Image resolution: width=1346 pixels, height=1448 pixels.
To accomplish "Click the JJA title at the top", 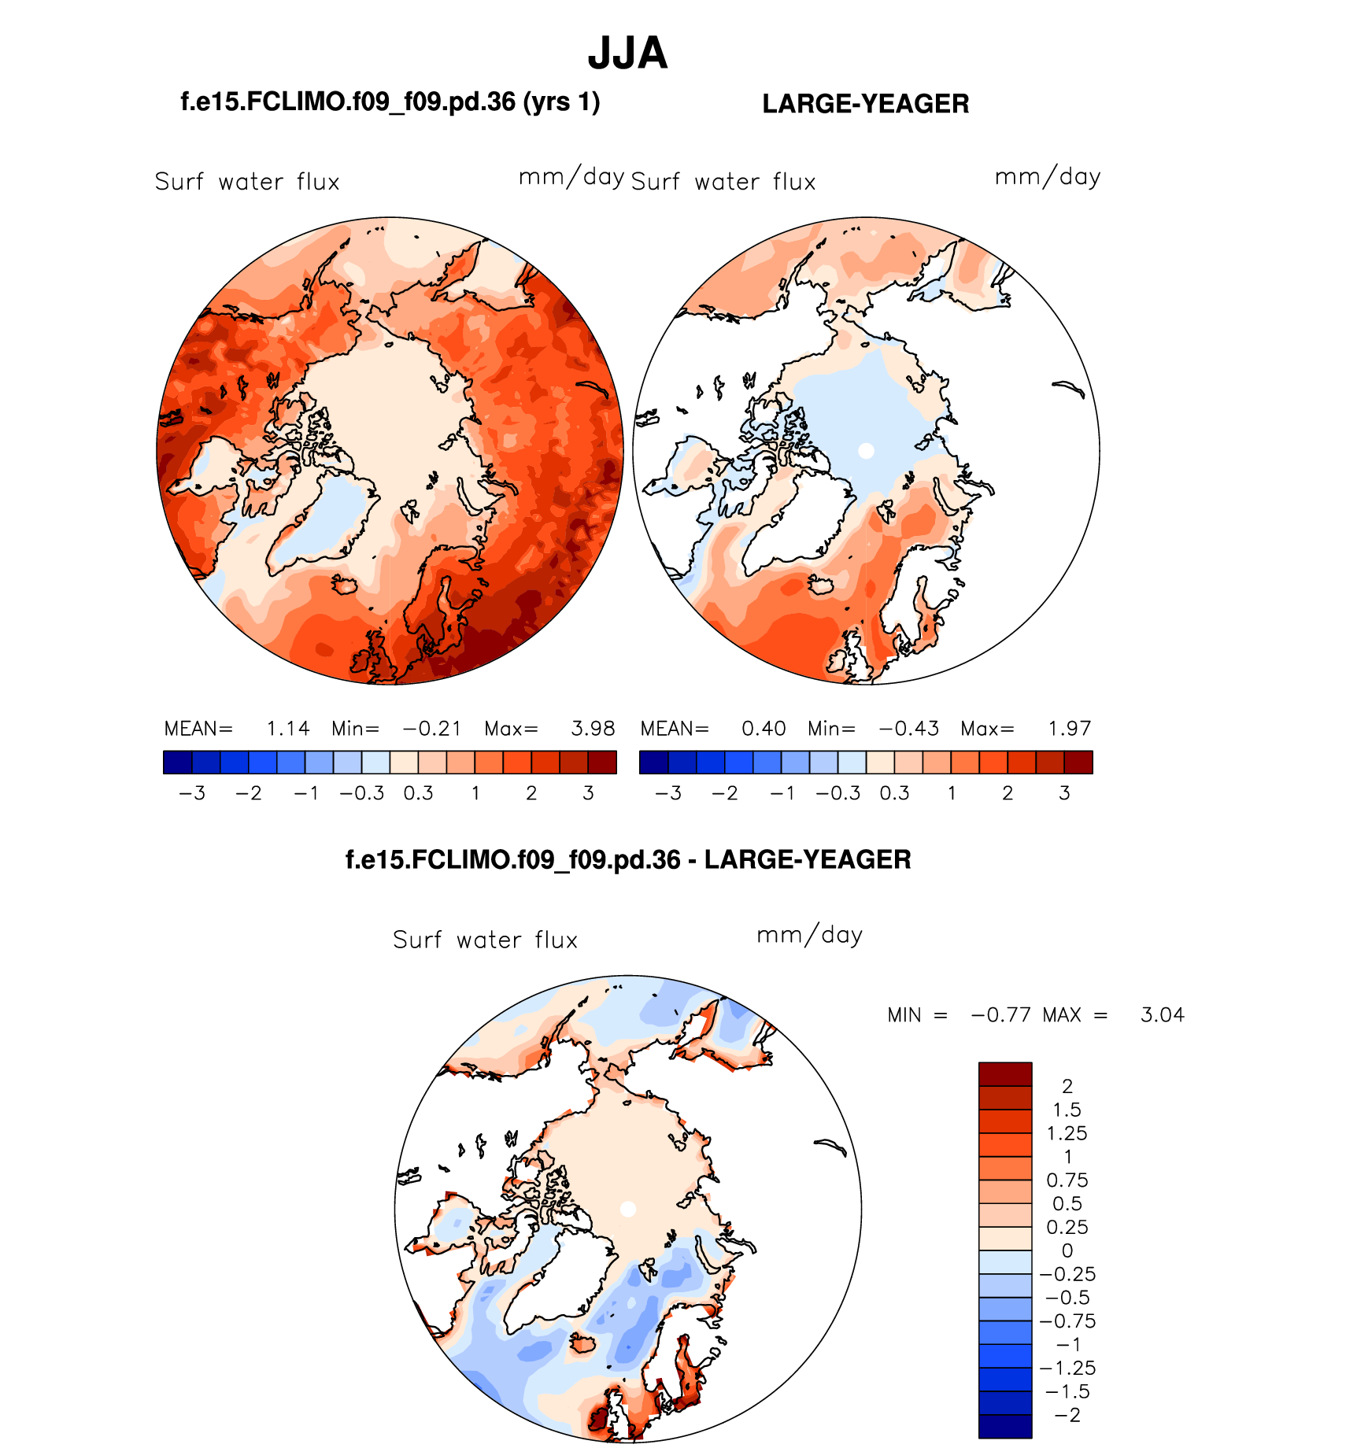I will tap(627, 54).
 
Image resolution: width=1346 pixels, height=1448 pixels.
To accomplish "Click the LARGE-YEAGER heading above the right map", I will tap(865, 104).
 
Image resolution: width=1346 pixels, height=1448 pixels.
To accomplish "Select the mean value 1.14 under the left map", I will tap(288, 729).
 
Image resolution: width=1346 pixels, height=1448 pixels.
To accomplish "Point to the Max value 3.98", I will tap(593, 729).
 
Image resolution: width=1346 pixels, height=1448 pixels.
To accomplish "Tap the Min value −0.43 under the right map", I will tap(909, 729).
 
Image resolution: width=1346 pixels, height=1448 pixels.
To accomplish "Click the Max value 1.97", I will tap(1069, 729).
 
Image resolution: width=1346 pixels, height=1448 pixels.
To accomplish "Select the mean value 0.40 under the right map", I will tap(764, 729).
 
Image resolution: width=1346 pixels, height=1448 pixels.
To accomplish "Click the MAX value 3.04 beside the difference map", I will tap(1162, 1015).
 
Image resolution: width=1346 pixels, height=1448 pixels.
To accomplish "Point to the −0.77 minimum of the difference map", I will tap(1000, 1015).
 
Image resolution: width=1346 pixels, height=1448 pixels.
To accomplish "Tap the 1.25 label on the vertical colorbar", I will tap(1067, 1133).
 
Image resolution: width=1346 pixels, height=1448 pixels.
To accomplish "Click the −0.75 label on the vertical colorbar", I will tap(1067, 1321).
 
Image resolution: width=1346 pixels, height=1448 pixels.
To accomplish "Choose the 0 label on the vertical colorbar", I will tap(1067, 1250).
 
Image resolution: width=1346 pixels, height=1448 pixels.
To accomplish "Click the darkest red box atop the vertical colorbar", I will tap(1005, 1073).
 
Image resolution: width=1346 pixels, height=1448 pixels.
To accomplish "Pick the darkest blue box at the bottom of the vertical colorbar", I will tap(1005, 1426).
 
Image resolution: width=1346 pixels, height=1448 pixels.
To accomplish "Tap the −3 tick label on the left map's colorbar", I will tap(192, 793).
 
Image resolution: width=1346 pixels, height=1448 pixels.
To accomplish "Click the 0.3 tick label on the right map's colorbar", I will tap(894, 793).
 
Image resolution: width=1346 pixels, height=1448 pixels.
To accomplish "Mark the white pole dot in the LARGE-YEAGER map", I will tap(866, 451).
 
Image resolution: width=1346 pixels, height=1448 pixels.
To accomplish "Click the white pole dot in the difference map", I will tap(627, 1210).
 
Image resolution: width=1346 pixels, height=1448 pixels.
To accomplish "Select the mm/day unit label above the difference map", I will tap(809, 935).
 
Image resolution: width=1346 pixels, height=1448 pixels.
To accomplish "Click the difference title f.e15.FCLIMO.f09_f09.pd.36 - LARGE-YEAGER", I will tap(628, 859).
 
